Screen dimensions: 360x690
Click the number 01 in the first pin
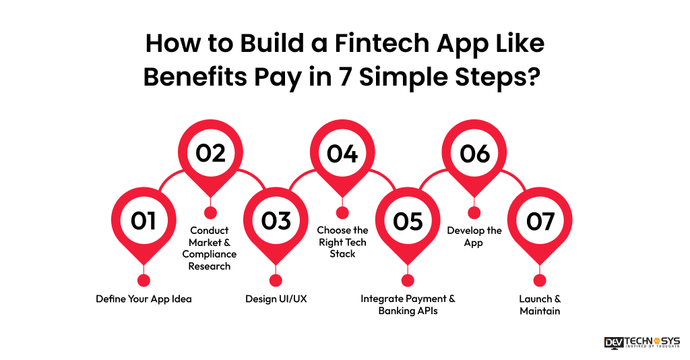143,220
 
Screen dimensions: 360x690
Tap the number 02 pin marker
210,154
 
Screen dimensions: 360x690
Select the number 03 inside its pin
276,220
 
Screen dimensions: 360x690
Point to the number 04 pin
342,154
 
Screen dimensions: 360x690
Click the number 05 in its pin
408,220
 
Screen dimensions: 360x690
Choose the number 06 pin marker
474,154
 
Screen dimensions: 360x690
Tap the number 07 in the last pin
540,220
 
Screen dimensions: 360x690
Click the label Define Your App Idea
144,299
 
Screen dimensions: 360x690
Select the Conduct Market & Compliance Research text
210,248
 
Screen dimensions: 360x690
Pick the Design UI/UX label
276,299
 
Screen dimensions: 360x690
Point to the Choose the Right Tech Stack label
343,242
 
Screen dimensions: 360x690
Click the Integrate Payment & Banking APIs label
408,305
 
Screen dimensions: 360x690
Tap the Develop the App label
474,237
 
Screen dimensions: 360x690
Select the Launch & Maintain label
540,305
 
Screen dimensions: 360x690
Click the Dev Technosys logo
641,342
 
